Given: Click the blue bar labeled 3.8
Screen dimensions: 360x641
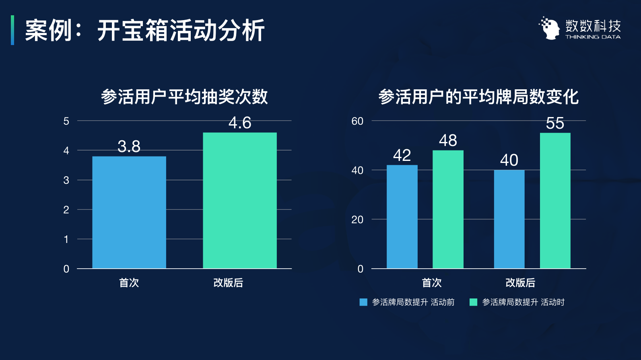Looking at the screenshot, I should click(x=129, y=212).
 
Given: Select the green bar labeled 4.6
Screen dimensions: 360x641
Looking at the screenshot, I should click(x=240, y=200).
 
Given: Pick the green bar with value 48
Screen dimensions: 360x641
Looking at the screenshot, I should click(x=448, y=209).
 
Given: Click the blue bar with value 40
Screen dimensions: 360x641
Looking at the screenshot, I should click(x=509, y=219).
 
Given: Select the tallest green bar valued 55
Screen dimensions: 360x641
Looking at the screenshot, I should click(x=555, y=200).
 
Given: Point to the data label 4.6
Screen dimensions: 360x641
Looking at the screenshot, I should click(x=240, y=123).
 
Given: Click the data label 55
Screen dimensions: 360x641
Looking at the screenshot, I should click(x=555, y=123).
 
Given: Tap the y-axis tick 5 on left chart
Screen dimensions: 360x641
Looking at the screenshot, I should click(x=66, y=121).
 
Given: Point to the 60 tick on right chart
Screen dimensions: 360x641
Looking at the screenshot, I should click(x=357, y=121).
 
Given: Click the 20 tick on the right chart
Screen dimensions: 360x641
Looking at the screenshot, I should click(x=357, y=220).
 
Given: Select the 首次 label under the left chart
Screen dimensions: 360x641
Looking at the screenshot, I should click(x=129, y=283).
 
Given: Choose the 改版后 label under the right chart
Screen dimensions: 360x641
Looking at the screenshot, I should click(x=520, y=283).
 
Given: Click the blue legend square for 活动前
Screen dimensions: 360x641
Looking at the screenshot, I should click(x=363, y=302).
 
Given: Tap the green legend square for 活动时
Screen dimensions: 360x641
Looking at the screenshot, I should click(x=474, y=302).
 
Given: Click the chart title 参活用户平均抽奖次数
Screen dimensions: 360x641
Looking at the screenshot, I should click(x=184, y=97).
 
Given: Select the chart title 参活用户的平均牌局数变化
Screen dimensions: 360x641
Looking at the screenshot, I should click(x=478, y=97).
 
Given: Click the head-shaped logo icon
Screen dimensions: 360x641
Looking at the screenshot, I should click(x=550, y=28).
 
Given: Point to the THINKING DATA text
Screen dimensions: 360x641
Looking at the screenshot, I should click(x=593, y=37).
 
